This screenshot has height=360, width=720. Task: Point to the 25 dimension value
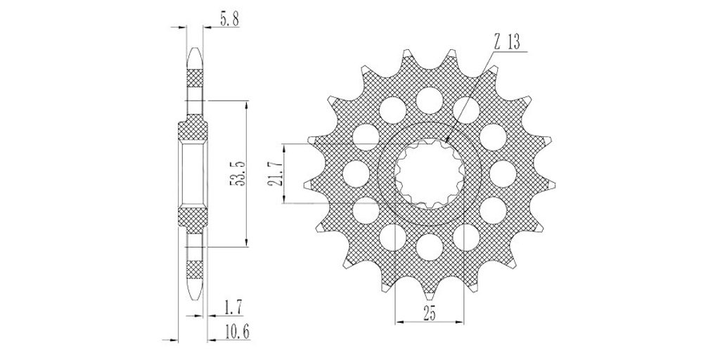[x=430, y=314]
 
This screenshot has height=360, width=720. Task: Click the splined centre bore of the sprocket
[x=430, y=174]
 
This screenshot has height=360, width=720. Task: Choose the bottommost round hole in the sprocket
[x=430, y=247]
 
